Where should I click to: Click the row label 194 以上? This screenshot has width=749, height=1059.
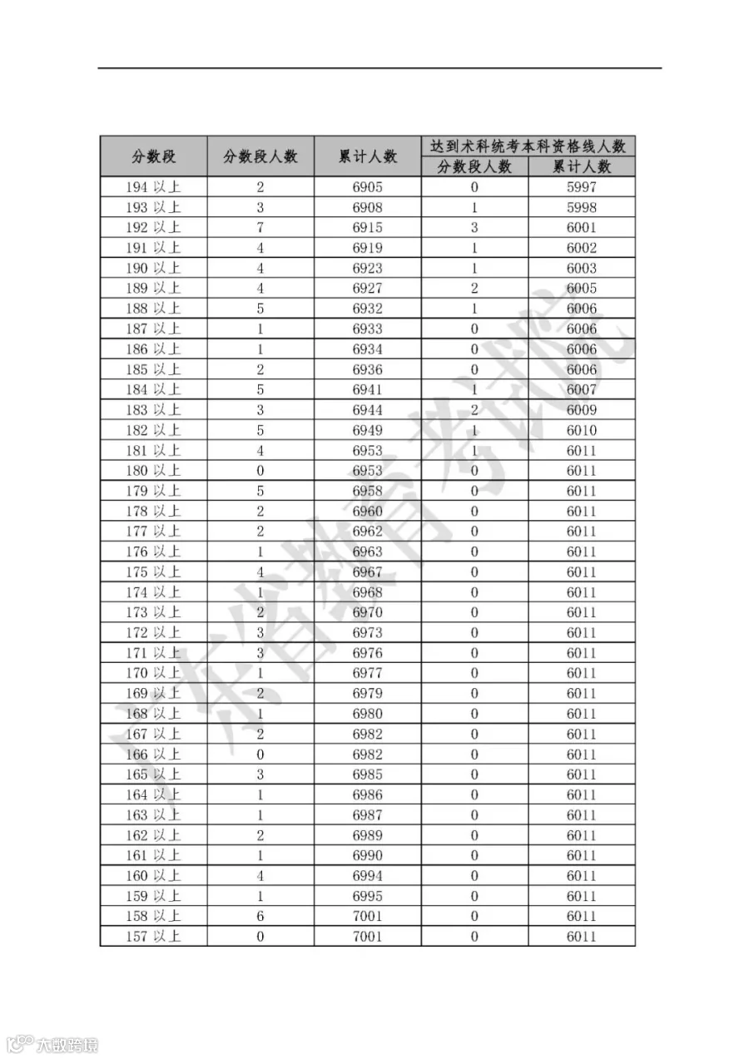[x=153, y=187]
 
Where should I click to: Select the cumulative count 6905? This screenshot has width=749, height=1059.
[x=368, y=187]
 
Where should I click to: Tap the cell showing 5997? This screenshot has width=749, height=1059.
[x=582, y=187]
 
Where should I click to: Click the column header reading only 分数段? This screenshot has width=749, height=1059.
[x=154, y=156]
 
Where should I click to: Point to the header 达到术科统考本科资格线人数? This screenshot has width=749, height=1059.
[x=528, y=146]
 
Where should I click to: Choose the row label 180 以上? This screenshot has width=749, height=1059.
[x=153, y=471]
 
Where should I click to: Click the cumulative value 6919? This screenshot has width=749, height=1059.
[x=368, y=248]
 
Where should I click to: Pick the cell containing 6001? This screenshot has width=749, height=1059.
[x=582, y=228]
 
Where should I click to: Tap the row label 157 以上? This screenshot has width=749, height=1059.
[x=153, y=937]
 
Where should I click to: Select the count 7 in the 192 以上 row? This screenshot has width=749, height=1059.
[x=260, y=228]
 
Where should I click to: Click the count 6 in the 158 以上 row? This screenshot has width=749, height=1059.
[x=260, y=917]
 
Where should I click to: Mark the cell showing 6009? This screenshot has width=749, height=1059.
[x=582, y=410]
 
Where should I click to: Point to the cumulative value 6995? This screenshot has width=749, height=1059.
[x=368, y=897]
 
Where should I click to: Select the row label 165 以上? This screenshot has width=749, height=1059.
[x=153, y=774]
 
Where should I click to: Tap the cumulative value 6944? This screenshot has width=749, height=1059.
[x=368, y=410]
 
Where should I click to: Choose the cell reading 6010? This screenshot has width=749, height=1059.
[x=582, y=430]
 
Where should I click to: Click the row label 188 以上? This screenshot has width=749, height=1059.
[x=153, y=309]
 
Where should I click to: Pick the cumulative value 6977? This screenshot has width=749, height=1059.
[x=368, y=674]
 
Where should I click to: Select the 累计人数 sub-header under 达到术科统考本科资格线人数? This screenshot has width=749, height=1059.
[x=582, y=167]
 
